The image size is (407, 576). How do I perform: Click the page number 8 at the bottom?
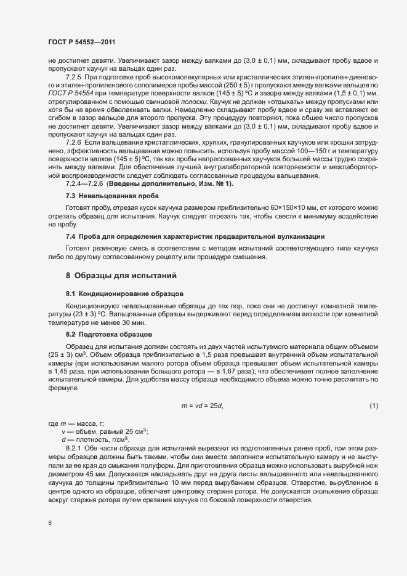point(50,523)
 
